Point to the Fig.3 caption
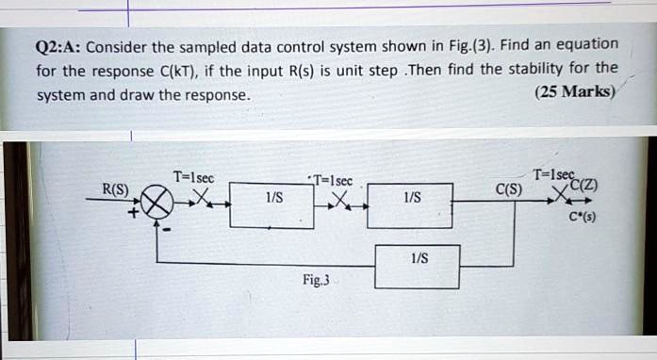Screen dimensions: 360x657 point(316,280)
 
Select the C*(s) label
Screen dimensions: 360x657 point(582,217)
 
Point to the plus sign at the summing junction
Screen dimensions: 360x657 point(135,214)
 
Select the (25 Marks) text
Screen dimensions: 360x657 point(573,91)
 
